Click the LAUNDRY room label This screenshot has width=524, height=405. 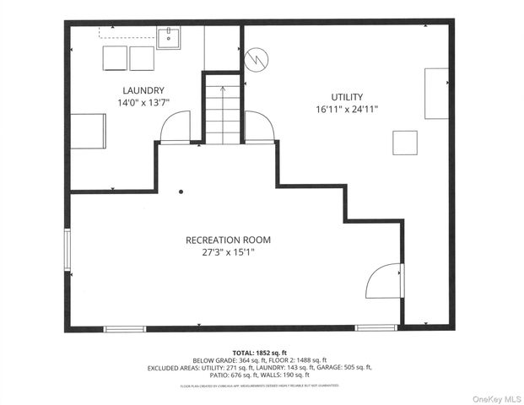pos(143,90)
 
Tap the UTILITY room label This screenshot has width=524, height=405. pos(346,96)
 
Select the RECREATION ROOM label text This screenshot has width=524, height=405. pos(228,240)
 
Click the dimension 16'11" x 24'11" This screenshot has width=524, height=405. pos(346,109)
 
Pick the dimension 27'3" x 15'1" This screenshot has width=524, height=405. pos(228,251)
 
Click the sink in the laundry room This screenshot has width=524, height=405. pos(168,35)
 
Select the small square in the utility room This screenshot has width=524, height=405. pos(404,142)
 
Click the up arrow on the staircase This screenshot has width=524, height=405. pos(223,88)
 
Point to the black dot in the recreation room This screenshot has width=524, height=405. pos(181,192)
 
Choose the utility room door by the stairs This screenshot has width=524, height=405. pos(259,127)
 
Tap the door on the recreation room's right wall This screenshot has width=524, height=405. pos(384,281)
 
